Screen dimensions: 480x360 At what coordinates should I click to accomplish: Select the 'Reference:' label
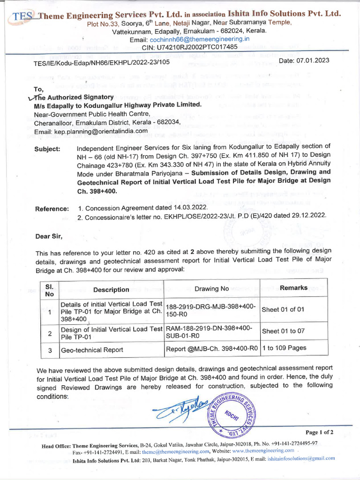pyautogui.click(x=52, y=208)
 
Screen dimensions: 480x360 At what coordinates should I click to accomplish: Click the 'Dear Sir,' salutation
pyautogui.click(x=49, y=236)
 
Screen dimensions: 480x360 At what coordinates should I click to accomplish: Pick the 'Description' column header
pyautogui.click(x=111, y=290)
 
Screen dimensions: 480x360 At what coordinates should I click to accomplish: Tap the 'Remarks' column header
pyautogui.click(x=293, y=288)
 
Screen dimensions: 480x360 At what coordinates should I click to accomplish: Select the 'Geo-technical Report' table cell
pyautogui.click(x=92, y=349)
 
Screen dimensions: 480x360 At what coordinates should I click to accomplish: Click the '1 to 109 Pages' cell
pyautogui.click(x=284, y=348)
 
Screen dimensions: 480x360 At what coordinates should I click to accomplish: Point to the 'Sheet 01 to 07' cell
pyautogui.click(x=283, y=331)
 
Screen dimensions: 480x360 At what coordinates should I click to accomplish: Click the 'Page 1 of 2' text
pyautogui.click(x=319, y=432)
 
